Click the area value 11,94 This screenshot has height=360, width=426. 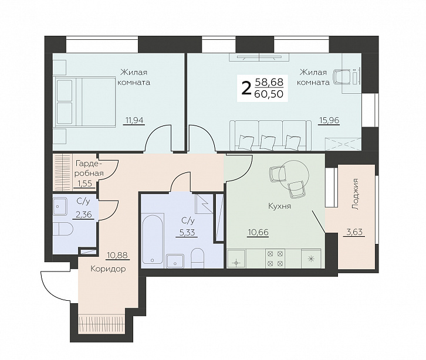coord(134,120)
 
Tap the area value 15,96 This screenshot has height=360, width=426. coord(329,120)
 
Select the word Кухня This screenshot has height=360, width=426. coord(279,206)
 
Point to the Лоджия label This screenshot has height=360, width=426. coord(355,194)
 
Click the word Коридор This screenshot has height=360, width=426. coord(108,269)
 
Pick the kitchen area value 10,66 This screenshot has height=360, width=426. coord(258,232)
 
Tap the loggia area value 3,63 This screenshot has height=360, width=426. coord(354,232)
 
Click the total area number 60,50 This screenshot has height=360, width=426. coord(269,94)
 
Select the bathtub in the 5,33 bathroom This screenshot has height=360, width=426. coord(153,239)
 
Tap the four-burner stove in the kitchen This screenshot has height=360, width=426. coord(275,259)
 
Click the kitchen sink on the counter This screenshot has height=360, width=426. coord(236,259)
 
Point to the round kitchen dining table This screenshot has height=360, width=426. coord(294,174)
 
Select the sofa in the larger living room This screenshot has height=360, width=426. coord(271,135)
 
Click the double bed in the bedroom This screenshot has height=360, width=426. coord(84,101)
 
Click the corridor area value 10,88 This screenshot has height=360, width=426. coord(117,256)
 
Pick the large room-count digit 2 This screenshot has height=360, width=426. coord(246,89)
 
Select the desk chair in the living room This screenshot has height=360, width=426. coord(342,77)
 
